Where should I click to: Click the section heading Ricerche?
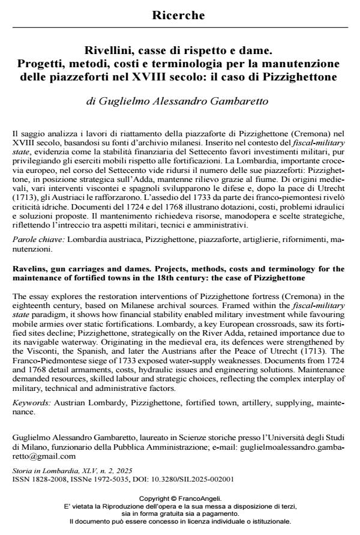(x=180, y=14)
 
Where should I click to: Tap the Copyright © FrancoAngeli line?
(x=180, y=498)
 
